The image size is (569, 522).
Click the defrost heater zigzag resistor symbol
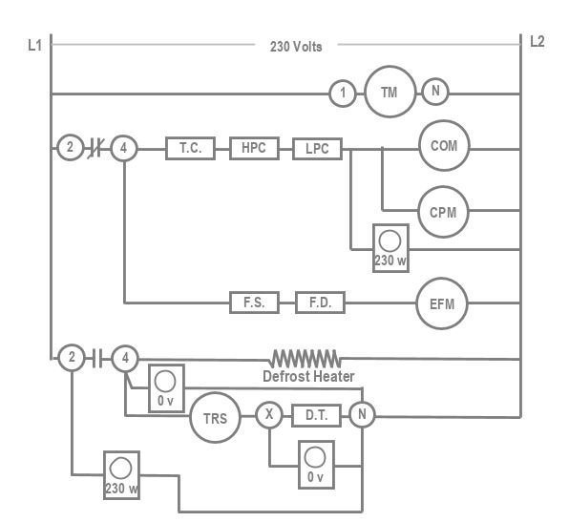coord(306,359)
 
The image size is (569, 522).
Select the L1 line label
coord(34,46)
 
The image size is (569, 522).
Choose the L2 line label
coord(537,41)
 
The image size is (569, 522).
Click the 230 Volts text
coord(296,47)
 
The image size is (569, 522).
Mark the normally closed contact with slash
coord(96,148)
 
